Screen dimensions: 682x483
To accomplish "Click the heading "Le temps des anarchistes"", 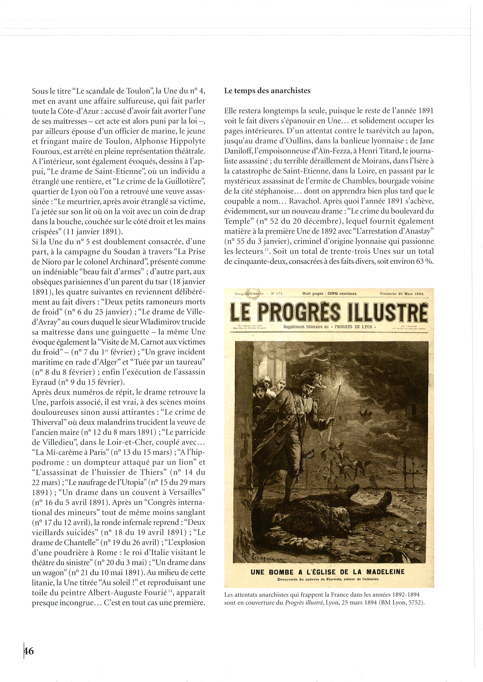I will point(267,91).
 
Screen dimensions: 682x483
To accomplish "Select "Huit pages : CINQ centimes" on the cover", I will point(329,294).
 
